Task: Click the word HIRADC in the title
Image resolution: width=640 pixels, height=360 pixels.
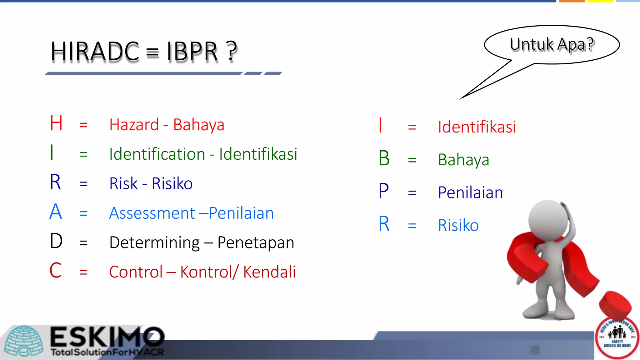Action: (x=95, y=52)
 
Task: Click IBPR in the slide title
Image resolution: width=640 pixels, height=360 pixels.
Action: (x=192, y=52)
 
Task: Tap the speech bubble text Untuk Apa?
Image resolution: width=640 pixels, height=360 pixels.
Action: (x=552, y=44)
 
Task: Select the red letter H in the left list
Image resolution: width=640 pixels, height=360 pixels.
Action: (x=56, y=123)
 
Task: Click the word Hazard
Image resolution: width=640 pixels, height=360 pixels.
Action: (x=134, y=125)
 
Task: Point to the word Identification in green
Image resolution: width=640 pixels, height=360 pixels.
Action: (x=157, y=154)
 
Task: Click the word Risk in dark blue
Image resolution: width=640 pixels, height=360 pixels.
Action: (x=123, y=183)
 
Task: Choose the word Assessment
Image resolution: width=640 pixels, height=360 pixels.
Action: (x=152, y=213)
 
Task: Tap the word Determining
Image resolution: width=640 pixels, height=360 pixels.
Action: (x=154, y=242)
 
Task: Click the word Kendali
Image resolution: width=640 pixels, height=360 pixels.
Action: (x=269, y=272)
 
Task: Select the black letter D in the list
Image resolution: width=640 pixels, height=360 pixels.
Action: (x=56, y=241)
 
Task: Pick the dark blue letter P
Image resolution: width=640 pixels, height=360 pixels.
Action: (x=384, y=191)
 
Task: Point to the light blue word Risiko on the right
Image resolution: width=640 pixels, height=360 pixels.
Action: (x=458, y=225)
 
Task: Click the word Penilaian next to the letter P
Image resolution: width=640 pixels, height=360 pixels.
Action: (x=470, y=192)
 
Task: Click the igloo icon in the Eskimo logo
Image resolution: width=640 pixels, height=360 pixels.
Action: (x=24, y=341)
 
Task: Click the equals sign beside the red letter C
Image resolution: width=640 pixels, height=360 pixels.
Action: (x=83, y=272)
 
